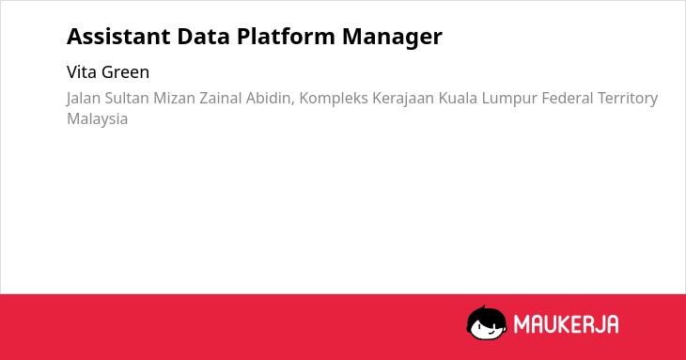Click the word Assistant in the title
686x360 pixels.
[118, 37]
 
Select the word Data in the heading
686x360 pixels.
[203, 37]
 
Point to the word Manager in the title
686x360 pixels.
[392, 38]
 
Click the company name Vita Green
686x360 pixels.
[108, 72]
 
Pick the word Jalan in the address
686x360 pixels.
[84, 99]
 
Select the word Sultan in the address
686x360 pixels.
[127, 98]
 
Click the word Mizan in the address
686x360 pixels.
[174, 98]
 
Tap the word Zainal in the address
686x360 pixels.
[221, 98]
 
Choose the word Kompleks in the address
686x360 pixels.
[334, 99]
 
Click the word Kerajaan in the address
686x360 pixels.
[403, 99]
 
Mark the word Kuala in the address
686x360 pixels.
[458, 98]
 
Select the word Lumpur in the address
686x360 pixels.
[509, 99]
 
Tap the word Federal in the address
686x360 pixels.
[567, 98]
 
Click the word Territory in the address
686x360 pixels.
[628, 99]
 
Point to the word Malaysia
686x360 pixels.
[97, 119]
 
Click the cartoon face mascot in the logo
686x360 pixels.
[487, 323]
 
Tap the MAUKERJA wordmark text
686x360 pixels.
[566, 324]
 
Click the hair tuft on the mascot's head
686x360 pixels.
[483, 307]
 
